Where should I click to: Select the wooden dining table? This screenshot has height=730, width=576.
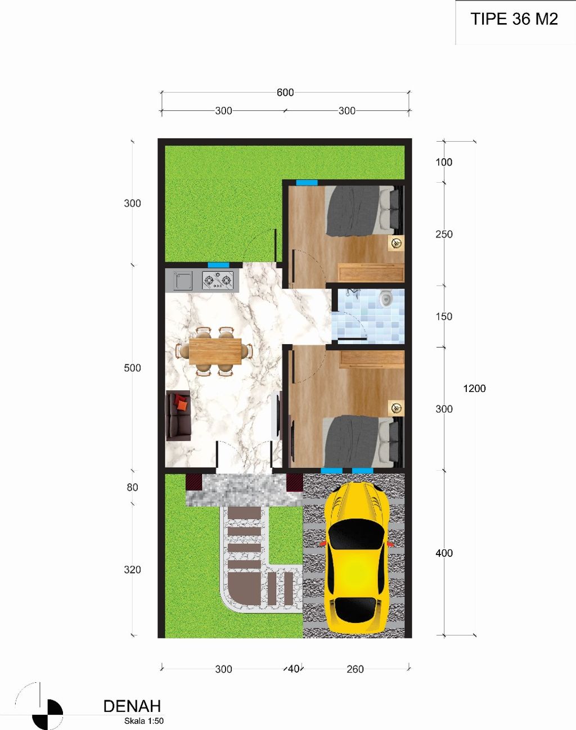tap(215, 352)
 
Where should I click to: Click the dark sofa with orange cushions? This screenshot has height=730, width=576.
tap(178, 416)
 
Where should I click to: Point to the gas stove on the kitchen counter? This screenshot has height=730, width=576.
tap(218, 281)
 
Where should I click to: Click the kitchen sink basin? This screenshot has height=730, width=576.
tap(183, 281)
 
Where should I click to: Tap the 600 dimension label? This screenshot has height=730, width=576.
tap(285, 92)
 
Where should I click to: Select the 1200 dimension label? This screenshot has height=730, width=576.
tap(474, 389)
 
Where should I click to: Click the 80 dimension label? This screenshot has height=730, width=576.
tap(132, 487)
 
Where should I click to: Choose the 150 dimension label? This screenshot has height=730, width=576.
tap(444, 317)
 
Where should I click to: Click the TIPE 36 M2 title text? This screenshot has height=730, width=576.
tap(514, 19)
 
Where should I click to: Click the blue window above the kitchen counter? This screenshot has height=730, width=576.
tap(218, 265)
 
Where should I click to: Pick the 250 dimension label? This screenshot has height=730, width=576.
tap(444, 234)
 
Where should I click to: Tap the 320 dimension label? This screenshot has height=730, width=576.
tap(132, 570)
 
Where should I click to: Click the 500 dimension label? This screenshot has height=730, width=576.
tap(132, 368)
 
